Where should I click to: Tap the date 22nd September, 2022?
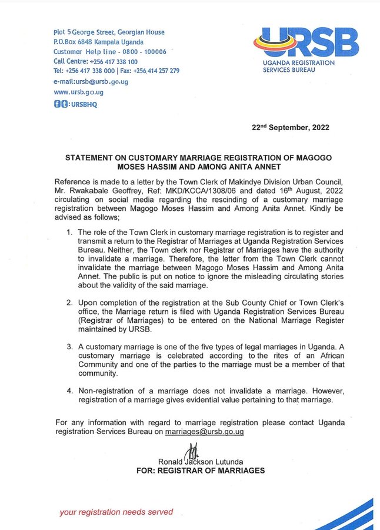coord(290,127)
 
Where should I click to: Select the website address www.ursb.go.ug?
coord(79,92)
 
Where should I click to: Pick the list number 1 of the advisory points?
coord(70,232)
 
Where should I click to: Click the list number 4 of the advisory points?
coord(70,390)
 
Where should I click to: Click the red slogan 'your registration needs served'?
coord(116,512)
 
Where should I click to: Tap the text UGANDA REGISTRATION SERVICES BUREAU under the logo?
coord(298,66)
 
